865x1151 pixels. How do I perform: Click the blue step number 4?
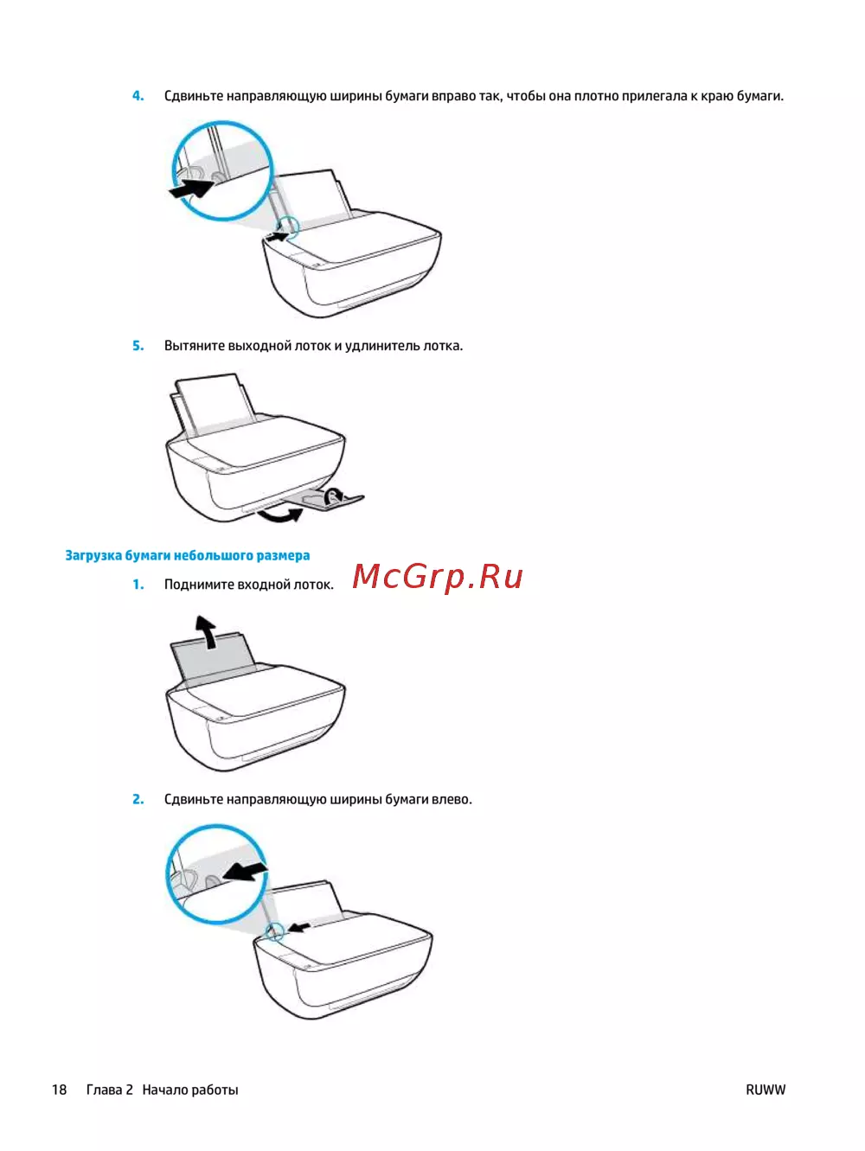pos(138,96)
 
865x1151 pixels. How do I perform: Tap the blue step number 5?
pos(138,346)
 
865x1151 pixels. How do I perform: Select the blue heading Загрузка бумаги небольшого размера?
pos(187,555)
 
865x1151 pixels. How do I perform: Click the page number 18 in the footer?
pos(60,1090)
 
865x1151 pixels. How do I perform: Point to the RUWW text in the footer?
pos(766,1090)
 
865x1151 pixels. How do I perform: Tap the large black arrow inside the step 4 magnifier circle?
pos(191,188)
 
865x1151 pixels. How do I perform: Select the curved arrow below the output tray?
pos(280,515)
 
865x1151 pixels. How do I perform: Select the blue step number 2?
pos(138,799)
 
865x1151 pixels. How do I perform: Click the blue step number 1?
pos(138,585)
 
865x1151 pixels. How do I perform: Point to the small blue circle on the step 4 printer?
pos(288,227)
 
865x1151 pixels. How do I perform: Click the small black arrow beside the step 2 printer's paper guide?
pos(299,929)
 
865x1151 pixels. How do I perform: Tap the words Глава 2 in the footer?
pos(110,1090)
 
